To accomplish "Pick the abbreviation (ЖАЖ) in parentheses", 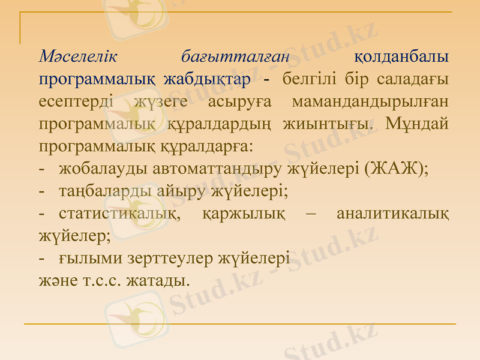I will pos(395,168).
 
